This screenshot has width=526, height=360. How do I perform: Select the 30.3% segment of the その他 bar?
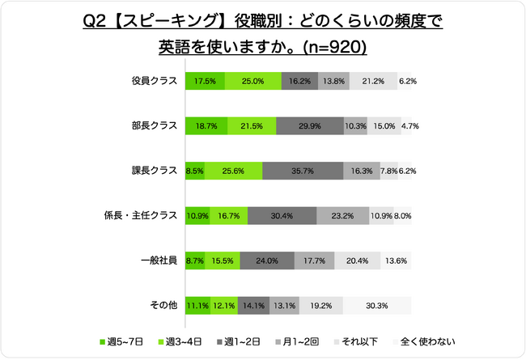click(376, 306)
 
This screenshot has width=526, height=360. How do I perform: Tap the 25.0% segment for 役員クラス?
click(253, 81)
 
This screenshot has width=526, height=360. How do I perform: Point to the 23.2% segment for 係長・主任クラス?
click(341, 216)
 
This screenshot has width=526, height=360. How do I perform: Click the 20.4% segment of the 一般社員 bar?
click(357, 260)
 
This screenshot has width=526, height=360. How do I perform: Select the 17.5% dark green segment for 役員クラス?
click(206, 81)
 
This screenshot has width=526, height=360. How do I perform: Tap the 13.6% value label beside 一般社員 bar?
click(397, 260)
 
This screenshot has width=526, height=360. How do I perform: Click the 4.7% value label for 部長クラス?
click(409, 126)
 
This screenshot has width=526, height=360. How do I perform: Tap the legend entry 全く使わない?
click(425, 341)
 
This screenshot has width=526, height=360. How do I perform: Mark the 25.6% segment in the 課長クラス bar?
click(233, 171)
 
